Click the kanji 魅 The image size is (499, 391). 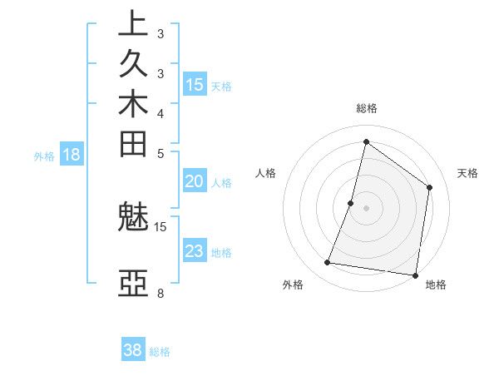[x=133, y=220]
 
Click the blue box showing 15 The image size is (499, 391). [x=195, y=84]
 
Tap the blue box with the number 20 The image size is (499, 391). [x=195, y=182]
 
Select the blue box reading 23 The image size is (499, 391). [x=195, y=252]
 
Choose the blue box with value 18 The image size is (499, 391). [x=72, y=154]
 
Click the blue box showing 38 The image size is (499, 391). [x=133, y=350]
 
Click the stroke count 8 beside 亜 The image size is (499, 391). [x=161, y=293]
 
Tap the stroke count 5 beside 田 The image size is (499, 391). [x=161, y=152]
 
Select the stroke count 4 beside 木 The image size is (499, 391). [x=161, y=112]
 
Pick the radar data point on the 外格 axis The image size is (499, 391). [x=328, y=263]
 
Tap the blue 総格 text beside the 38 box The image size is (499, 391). [x=160, y=352]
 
